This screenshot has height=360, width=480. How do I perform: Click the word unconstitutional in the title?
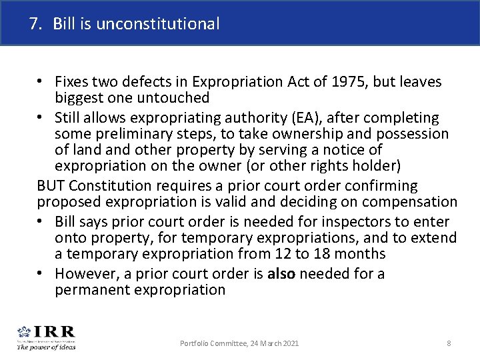[157, 25]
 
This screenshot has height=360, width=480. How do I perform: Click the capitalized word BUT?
[50, 185]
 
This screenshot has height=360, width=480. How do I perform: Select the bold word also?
[280, 273]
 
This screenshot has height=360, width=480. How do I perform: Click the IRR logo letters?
[54, 331]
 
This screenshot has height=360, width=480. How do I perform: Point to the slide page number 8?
[449, 343]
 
